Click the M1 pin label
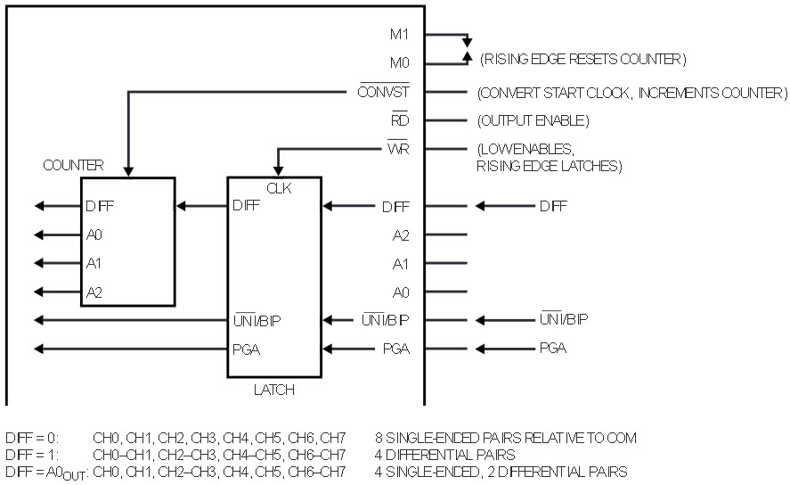point(399,34)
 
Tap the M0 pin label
point(400,62)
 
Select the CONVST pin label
point(383,91)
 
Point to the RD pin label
point(400,119)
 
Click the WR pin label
point(398,148)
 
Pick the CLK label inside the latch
point(279,188)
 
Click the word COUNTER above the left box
point(73,165)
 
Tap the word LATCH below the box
point(274,390)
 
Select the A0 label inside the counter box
point(94,234)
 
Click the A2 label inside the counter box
point(94,292)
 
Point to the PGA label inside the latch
point(247,349)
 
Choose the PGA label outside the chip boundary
point(553,348)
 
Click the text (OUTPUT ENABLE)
point(533,120)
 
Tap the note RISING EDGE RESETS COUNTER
point(583,59)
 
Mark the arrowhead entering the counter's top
point(128,171)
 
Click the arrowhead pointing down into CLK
point(278,171)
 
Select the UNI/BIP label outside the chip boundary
point(564,318)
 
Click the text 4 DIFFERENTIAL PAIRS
point(445,455)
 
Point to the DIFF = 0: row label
point(32,438)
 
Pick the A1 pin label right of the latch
point(401,264)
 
